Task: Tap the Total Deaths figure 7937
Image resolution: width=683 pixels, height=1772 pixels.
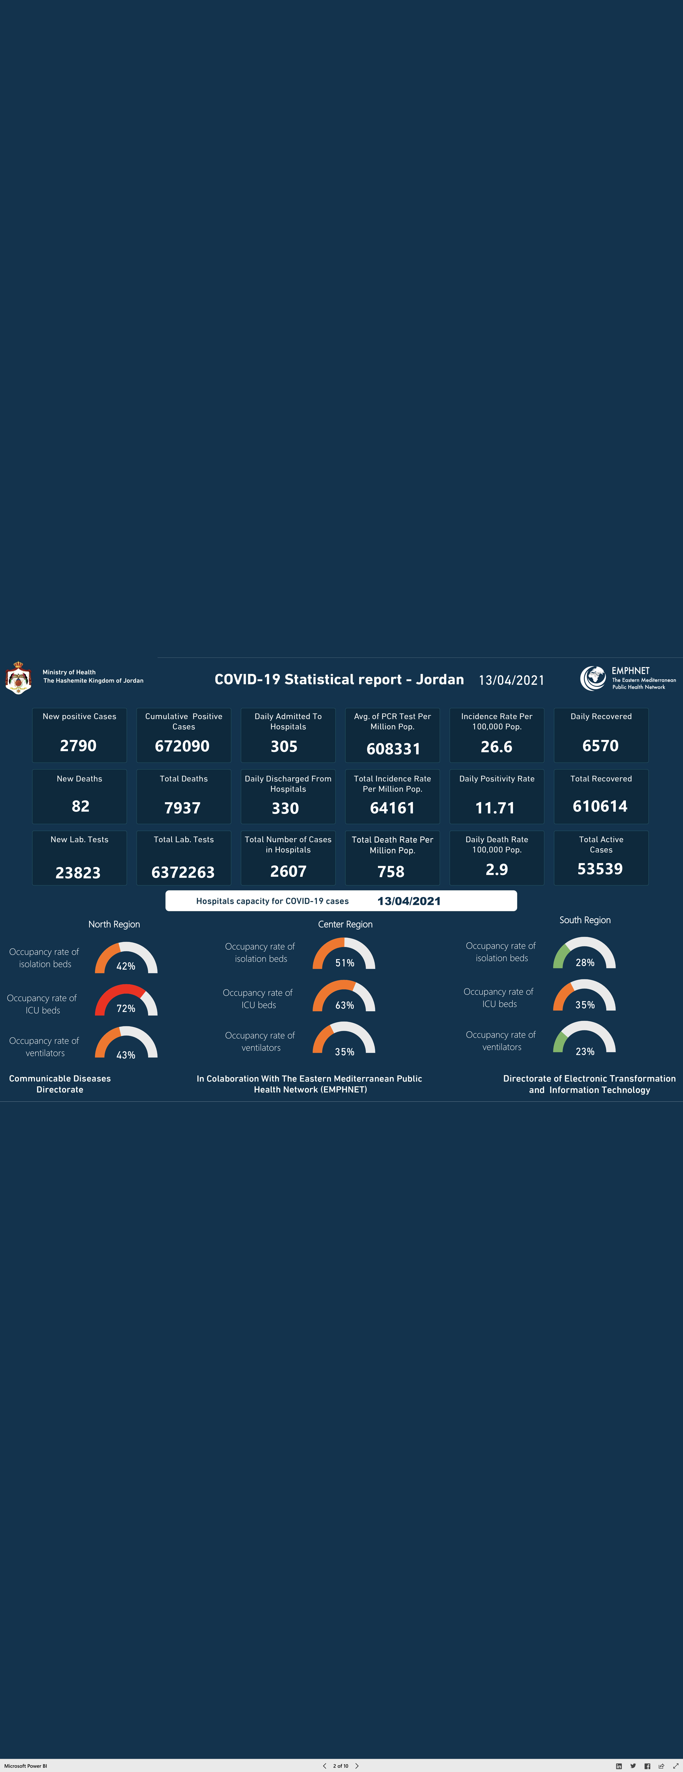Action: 182,808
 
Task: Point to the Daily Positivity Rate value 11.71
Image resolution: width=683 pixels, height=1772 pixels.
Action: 495,808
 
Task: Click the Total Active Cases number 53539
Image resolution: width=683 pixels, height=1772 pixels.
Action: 600,869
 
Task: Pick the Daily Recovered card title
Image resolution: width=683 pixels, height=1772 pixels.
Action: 601,716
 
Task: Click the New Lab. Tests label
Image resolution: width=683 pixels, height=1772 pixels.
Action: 79,839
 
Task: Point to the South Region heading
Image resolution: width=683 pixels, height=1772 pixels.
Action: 585,920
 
